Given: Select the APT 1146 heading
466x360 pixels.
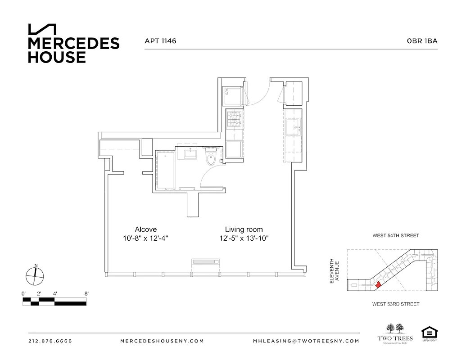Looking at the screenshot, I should [x=160, y=41].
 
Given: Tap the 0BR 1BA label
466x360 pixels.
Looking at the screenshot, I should [x=422, y=41].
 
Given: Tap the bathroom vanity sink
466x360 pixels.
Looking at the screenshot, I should [x=189, y=153].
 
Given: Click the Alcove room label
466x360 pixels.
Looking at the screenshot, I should [x=146, y=229].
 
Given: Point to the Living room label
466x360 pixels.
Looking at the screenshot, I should [x=244, y=229].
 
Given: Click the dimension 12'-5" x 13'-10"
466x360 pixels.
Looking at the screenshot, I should [x=244, y=238].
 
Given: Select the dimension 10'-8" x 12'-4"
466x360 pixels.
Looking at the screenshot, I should [x=146, y=238].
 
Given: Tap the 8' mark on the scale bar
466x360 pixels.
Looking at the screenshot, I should [x=86, y=293].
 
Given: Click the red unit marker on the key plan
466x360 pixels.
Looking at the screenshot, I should [x=378, y=284].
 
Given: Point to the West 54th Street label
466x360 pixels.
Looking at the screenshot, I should [x=395, y=235].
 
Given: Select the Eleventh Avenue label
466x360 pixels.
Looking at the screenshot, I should [x=334, y=270].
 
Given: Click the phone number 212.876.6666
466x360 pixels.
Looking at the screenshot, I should [x=50, y=341].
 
